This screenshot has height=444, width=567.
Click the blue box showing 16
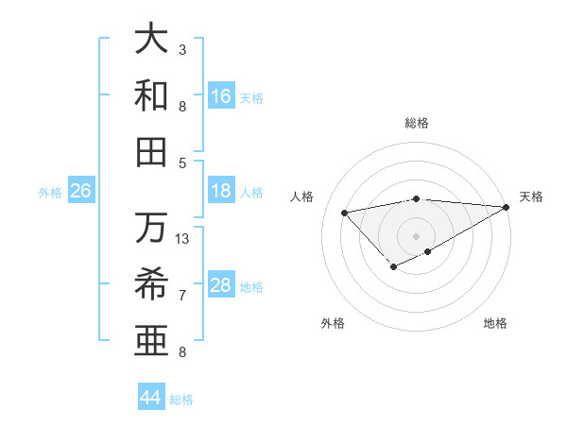(221, 95)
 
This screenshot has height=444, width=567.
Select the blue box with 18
(221, 192)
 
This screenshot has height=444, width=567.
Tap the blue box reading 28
(221, 286)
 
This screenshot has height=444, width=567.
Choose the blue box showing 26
(80, 192)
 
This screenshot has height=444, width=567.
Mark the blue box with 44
(151, 398)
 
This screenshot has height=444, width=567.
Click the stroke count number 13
(182, 239)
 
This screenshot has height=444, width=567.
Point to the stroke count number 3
(182, 48)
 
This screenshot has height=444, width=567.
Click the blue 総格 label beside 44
(181, 400)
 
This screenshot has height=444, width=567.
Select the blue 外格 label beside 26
(50, 193)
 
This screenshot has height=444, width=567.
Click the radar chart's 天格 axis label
(531, 196)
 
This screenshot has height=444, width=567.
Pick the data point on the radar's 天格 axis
(507, 206)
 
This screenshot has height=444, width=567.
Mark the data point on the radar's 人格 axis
(344, 212)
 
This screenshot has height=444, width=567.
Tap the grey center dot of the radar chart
(416, 235)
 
